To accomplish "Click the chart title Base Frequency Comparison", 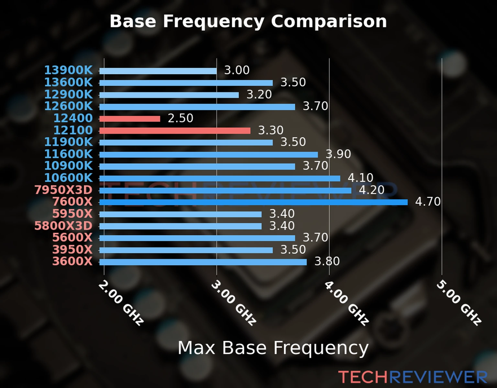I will (x=248, y=21).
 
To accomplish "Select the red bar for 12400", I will (x=130, y=119).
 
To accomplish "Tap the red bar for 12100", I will (x=175, y=131).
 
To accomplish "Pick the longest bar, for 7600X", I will (x=253, y=202).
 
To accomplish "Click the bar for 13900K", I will (x=158, y=71).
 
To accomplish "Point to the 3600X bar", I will (x=203, y=262).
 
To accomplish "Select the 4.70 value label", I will (x=428, y=202).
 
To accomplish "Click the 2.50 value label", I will (x=180, y=118).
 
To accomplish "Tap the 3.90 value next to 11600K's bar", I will (x=338, y=154).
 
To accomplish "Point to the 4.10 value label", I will (x=360, y=178).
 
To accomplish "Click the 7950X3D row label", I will (x=63, y=190).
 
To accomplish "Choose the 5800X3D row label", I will (x=63, y=226).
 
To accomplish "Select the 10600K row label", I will (x=68, y=178).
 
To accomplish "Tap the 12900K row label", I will (x=68, y=94).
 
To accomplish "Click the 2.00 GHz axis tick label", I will (x=121, y=303).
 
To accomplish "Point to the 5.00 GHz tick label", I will (x=459, y=303).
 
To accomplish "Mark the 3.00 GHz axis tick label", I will (x=233, y=303).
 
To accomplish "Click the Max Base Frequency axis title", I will (x=273, y=348).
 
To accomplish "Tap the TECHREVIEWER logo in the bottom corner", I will (x=413, y=377).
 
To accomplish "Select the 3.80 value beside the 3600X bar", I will (x=327, y=261).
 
